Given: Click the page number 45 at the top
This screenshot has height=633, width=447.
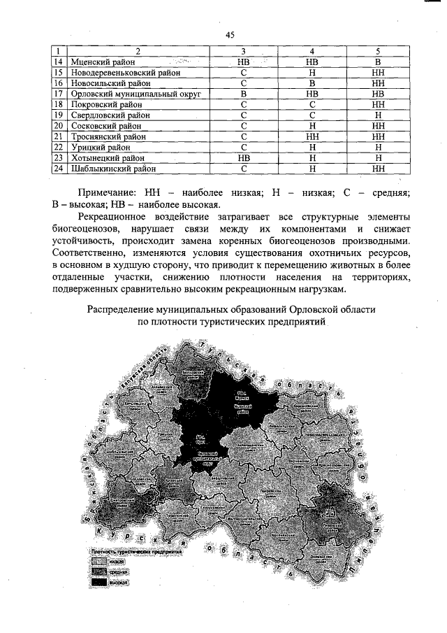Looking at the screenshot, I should tap(229, 36).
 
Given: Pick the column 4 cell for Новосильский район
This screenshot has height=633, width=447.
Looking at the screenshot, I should tap(313, 83).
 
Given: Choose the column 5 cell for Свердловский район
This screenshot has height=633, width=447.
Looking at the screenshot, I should tap(377, 114).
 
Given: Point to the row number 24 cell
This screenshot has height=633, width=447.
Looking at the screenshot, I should tap(58, 169).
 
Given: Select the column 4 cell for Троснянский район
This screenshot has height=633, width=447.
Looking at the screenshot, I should tap(313, 137).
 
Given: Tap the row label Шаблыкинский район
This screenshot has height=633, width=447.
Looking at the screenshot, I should tap(106, 169).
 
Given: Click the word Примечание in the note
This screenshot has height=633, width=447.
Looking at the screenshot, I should tap(108, 192).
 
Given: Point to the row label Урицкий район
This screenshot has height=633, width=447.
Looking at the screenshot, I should tap(93, 148).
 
